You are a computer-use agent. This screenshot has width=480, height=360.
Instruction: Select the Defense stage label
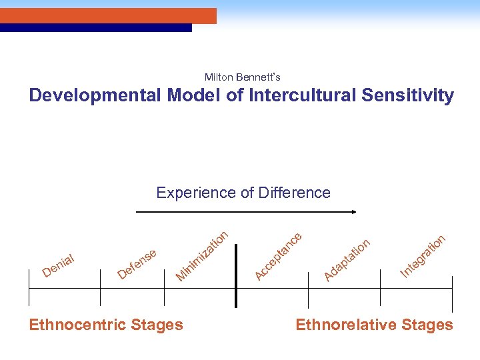pos(137,263)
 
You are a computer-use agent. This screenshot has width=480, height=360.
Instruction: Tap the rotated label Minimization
pos(203,255)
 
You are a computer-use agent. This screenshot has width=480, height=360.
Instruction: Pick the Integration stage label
pos(423,256)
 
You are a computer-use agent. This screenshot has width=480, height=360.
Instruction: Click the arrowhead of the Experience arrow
pos(354,212)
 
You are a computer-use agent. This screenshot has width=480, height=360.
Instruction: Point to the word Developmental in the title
pos(95,95)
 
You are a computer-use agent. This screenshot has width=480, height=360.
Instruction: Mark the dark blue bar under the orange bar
pos(96,28)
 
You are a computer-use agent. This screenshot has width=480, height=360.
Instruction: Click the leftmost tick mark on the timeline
pos(29,287)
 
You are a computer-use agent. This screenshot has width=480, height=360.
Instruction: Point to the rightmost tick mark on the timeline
pos(452,287)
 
